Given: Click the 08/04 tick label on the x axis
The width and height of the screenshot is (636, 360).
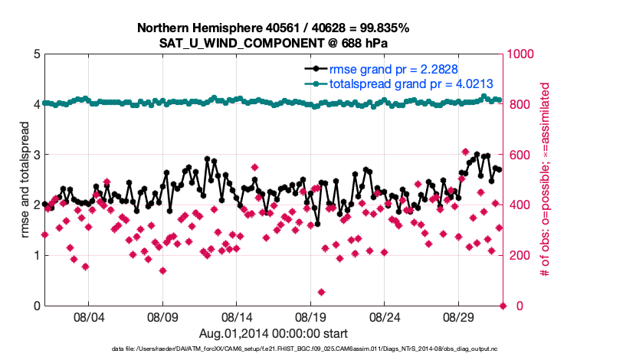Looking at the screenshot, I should pyautogui.click(x=88, y=316).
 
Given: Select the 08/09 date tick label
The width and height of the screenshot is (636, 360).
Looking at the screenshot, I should pyautogui.click(x=162, y=316).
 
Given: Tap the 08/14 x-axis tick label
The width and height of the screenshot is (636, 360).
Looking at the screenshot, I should pyautogui.click(x=237, y=316).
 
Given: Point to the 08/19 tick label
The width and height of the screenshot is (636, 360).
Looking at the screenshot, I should pyautogui.click(x=311, y=316).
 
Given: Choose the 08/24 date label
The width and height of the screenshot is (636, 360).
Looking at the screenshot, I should pyautogui.click(x=385, y=316).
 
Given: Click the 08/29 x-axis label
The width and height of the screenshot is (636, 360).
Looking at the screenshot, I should pyautogui.click(x=460, y=316).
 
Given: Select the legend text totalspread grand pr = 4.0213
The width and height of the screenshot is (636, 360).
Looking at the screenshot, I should pyautogui.click(x=411, y=83).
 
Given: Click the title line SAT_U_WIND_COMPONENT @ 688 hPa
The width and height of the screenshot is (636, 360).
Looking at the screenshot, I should pyautogui.click(x=274, y=42).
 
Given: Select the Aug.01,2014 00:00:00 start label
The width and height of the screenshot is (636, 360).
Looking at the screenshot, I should pyautogui.click(x=274, y=332).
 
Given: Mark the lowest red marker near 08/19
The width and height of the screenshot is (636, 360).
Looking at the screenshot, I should pyautogui.click(x=321, y=293).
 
